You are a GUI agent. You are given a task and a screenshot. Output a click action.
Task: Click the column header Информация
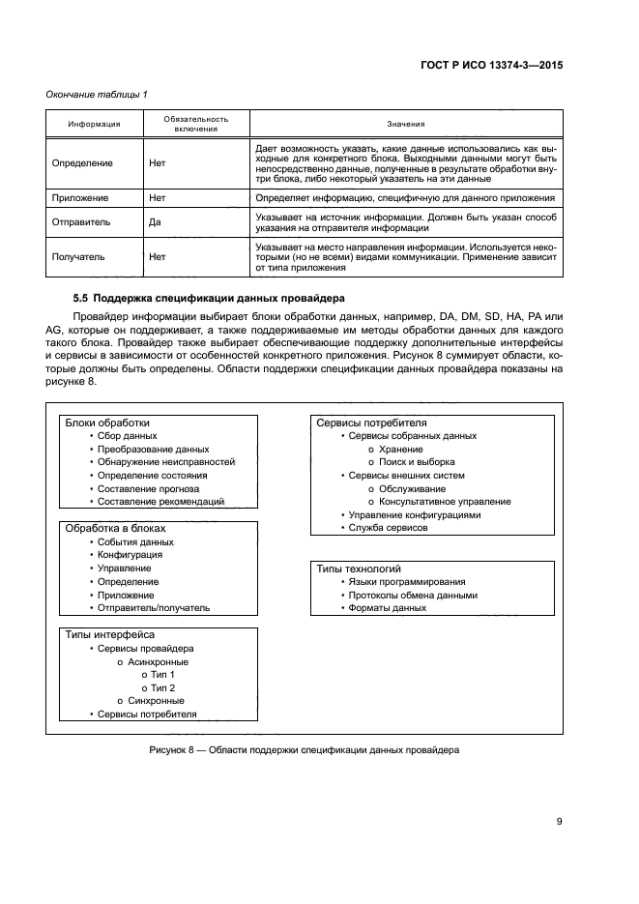[x=94, y=124]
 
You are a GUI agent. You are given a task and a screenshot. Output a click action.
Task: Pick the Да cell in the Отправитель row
[x=156, y=221]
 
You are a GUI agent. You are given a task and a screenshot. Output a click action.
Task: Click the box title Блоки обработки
[x=107, y=423]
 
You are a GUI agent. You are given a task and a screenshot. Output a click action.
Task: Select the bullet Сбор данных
[x=128, y=436]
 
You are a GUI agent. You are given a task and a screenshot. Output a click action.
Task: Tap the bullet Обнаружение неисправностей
[x=165, y=462]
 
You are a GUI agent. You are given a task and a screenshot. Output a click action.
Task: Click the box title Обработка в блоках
[x=115, y=529]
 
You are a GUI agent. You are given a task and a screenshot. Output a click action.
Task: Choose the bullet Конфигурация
[x=130, y=555]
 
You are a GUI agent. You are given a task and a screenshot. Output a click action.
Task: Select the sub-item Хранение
[x=400, y=449]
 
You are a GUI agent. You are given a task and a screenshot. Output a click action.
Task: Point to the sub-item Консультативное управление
[x=445, y=502]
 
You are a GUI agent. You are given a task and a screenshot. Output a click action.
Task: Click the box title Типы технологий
[x=359, y=569]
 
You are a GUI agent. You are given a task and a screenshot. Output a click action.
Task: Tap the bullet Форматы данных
[x=387, y=608]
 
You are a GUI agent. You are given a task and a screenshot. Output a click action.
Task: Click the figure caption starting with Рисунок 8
[x=305, y=750]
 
